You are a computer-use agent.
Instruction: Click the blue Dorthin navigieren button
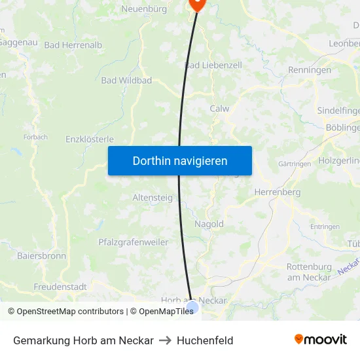pyautogui.click(x=180, y=160)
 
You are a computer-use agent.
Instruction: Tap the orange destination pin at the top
pyautogui.click(x=198, y=4)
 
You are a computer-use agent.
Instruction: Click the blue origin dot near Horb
pyautogui.click(x=192, y=307)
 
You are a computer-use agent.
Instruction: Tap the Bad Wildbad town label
pyautogui.click(x=126, y=81)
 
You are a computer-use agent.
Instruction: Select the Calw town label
pyautogui.click(x=219, y=109)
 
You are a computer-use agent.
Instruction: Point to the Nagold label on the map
pyautogui.click(x=209, y=224)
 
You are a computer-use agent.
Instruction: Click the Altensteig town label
pyautogui.click(x=153, y=197)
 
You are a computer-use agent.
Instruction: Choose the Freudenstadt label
pyautogui.click(x=61, y=287)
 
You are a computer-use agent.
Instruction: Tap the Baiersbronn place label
pyautogui.click(x=41, y=256)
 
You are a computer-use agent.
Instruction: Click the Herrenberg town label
pyautogui.click(x=277, y=192)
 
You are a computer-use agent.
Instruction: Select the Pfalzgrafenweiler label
pyautogui.click(x=134, y=242)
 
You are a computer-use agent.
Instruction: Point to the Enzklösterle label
pyautogui.click(x=90, y=139)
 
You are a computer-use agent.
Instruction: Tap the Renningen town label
pyautogui.click(x=310, y=70)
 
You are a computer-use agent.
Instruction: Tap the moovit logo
pyautogui.click(x=321, y=340)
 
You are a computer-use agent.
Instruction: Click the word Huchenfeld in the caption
pyautogui.click(x=205, y=340)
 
